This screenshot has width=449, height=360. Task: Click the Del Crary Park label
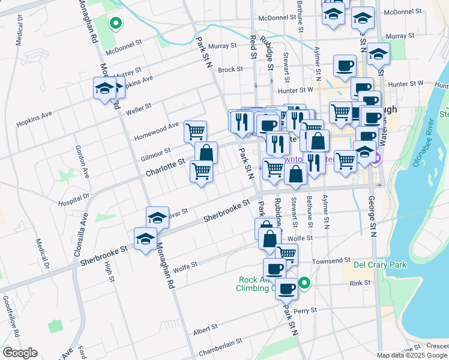pos(380,265)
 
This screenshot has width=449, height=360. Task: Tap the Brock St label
pos(230,70)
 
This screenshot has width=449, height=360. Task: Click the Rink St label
pos(360,283)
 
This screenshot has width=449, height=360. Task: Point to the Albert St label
pos(205,331)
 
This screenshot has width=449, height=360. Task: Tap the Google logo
pos(20,353)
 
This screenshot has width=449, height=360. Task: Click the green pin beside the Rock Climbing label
pos(304,283)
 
